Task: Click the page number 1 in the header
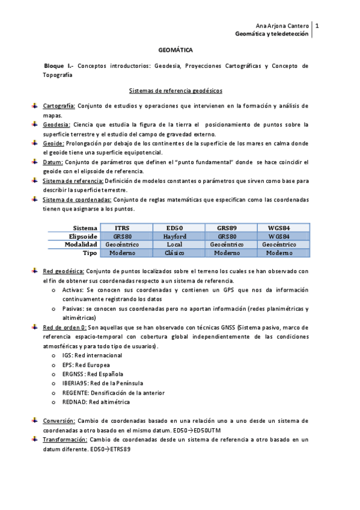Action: pyautogui.click(x=317, y=26)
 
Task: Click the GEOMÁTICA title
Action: pyautogui.click(x=175, y=52)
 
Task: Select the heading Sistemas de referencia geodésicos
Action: pyautogui.click(x=175, y=91)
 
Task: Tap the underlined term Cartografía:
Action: pyautogui.click(x=59, y=106)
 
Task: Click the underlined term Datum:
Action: pyautogui.click(x=53, y=162)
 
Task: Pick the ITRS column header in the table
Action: pyautogui.click(x=122, y=228)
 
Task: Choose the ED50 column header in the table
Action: pyautogui.click(x=175, y=228)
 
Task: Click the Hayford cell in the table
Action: pyautogui.click(x=175, y=236)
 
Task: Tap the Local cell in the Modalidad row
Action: pyautogui.click(x=175, y=245)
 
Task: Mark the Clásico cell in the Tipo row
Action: pyautogui.click(x=175, y=253)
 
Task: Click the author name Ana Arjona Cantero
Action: pyautogui.click(x=282, y=26)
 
